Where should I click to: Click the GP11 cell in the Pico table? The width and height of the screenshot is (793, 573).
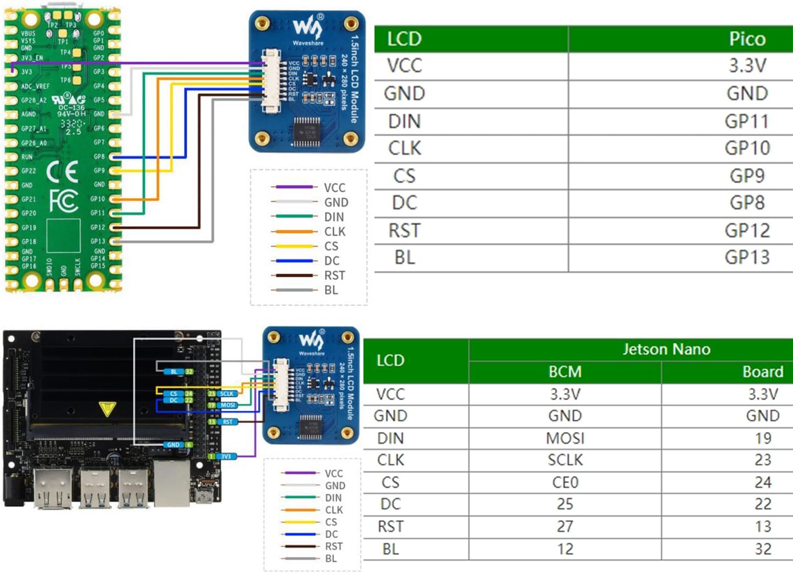746,121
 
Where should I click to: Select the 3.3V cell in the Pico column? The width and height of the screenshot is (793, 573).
747,66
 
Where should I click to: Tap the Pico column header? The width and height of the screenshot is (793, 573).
747,39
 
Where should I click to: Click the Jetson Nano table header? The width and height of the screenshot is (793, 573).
666,349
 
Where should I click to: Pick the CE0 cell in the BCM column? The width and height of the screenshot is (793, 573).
565,483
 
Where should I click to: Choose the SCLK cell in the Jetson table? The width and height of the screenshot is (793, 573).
565,460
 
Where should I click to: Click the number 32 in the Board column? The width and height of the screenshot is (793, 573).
763,549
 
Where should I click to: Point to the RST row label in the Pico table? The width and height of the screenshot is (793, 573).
404,230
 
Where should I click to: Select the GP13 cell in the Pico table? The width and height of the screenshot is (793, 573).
747,257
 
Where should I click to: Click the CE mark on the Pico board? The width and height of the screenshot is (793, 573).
62,172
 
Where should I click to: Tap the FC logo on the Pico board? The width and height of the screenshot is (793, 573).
63,201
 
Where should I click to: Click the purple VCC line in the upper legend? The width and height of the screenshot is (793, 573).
294,187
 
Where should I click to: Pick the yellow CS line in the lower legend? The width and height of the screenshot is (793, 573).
300,522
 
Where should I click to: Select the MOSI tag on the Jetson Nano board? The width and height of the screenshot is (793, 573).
227,405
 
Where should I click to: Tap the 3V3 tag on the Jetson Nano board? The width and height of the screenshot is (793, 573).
226,457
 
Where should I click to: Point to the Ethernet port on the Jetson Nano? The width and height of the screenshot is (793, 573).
172,483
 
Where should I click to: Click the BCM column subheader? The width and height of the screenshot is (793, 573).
565,372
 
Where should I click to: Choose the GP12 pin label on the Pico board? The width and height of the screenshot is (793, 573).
97,227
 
